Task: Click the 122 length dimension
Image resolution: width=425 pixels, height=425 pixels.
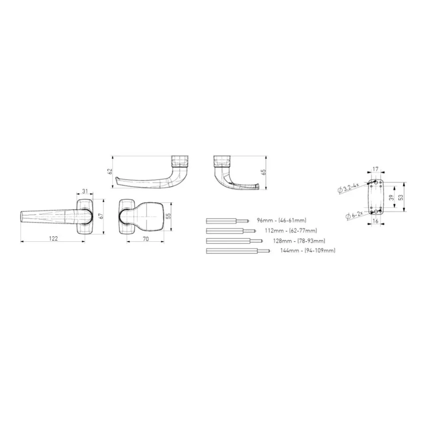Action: click(54, 239)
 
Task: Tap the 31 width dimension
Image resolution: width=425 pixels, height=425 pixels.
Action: click(85, 191)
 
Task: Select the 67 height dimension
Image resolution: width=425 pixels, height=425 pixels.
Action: click(101, 216)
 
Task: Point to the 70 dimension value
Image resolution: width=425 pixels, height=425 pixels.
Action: click(146, 239)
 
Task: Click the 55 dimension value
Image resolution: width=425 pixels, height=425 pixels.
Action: click(169, 216)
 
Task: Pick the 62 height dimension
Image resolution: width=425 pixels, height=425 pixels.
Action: click(110, 171)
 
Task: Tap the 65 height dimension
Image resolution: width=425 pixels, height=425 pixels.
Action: click(263, 172)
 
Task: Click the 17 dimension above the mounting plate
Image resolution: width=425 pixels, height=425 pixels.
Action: click(375, 169)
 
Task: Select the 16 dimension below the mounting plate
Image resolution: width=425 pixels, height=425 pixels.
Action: click(375, 221)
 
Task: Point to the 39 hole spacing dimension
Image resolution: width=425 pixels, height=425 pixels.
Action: click(391, 197)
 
